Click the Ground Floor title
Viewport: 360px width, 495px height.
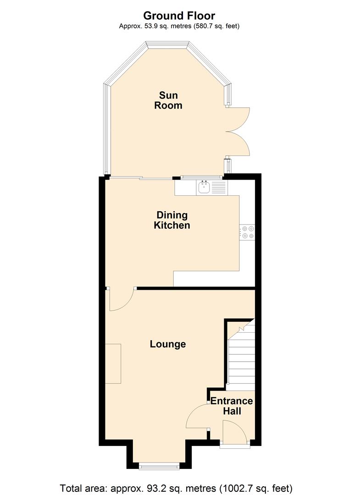(x=179, y=16)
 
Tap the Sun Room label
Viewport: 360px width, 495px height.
(x=168, y=100)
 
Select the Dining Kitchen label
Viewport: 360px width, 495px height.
(x=172, y=220)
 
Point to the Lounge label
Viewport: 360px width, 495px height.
(x=168, y=344)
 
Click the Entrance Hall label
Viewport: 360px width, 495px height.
(x=232, y=406)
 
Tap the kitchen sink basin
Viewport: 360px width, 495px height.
(x=204, y=187)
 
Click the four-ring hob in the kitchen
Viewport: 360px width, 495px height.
(x=247, y=232)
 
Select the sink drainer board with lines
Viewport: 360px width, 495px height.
(x=219, y=187)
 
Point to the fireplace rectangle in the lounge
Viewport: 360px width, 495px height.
(x=113, y=363)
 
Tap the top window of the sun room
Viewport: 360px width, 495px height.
(x=167, y=45)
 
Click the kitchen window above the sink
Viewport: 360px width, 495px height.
(x=202, y=177)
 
